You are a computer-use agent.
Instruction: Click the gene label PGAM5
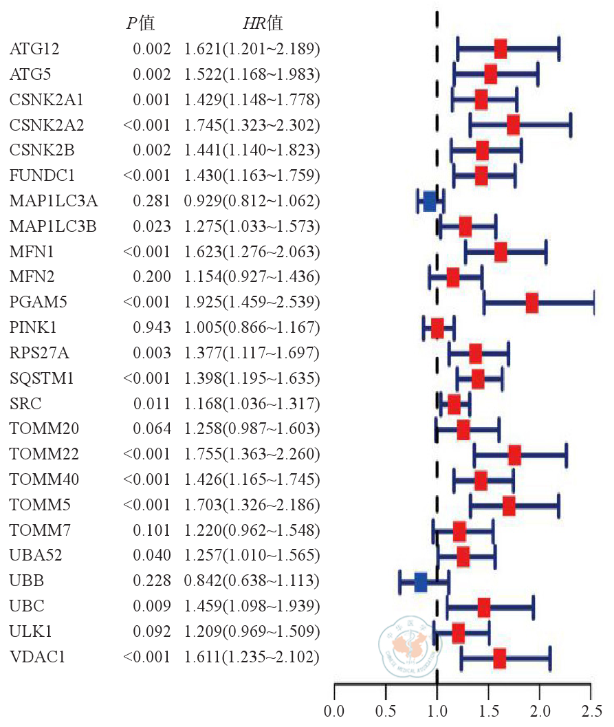(39, 302)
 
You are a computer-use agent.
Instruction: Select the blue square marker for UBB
(421, 582)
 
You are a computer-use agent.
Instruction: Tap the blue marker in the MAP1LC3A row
(430, 201)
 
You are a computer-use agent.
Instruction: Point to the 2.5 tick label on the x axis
(591, 708)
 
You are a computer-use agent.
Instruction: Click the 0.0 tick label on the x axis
(334, 708)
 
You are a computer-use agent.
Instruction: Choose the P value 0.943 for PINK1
(151, 327)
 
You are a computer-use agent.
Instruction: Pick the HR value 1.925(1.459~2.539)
(252, 302)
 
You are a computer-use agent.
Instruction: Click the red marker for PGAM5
(531, 303)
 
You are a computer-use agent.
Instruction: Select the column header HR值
(263, 23)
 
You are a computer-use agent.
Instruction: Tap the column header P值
(140, 23)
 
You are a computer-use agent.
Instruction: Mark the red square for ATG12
(501, 49)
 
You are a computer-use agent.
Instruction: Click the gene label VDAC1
(38, 658)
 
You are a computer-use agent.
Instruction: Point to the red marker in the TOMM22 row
(514, 455)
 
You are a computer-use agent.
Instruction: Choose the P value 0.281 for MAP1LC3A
(151, 201)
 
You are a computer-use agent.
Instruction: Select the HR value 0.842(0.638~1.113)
(252, 582)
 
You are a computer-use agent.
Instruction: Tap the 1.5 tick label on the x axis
(488, 708)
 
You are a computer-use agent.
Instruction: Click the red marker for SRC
(454, 404)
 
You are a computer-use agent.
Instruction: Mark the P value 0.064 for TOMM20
(151, 429)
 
